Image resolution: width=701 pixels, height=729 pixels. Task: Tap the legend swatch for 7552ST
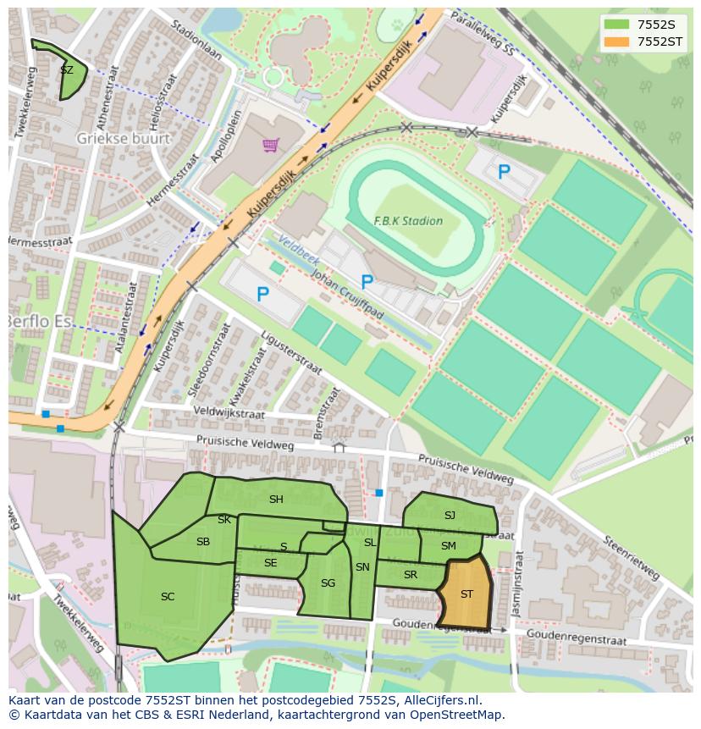point(617,41)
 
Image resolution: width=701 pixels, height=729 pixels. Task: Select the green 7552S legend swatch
point(617,24)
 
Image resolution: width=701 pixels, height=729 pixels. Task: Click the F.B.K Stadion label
point(408,221)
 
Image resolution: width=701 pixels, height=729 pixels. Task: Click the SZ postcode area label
point(67,70)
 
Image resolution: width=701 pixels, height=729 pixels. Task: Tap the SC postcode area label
point(168,597)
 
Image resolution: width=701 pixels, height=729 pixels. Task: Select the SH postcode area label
point(276,500)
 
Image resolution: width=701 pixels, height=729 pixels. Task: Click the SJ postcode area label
point(450,516)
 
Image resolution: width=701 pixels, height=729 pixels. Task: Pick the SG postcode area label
point(328,583)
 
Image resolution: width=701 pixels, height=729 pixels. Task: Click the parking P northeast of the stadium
point(504,172)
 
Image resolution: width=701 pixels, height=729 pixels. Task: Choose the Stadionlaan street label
point(196,41)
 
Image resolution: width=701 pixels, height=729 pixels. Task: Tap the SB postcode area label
point(203,542)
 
